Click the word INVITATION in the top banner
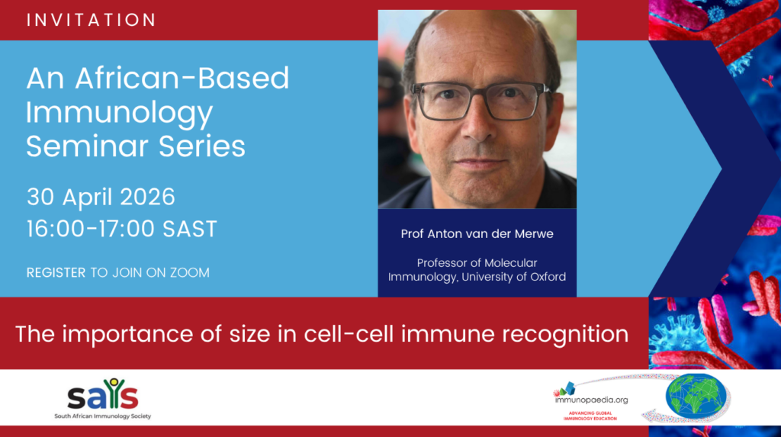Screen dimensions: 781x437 click(92, 20)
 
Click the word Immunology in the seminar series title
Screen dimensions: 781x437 click(120, 114)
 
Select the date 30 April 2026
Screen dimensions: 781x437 click(101, 197)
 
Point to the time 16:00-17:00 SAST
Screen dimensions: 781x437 click(122, 229)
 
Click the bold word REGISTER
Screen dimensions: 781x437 click(56, 272)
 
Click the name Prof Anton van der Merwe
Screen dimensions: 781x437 click(477, 233)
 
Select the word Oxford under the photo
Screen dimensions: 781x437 click(548, 277)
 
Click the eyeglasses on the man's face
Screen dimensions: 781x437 click(480, 101)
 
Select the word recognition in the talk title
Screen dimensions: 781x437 click(565, 335)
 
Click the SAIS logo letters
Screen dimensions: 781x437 click(103, 394)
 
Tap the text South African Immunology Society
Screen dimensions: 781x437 click(103, 416)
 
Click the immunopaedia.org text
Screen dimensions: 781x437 click(591, 400)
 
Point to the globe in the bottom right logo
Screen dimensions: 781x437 click(696, 397)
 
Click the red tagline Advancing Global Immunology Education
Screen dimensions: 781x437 click(590, 416)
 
